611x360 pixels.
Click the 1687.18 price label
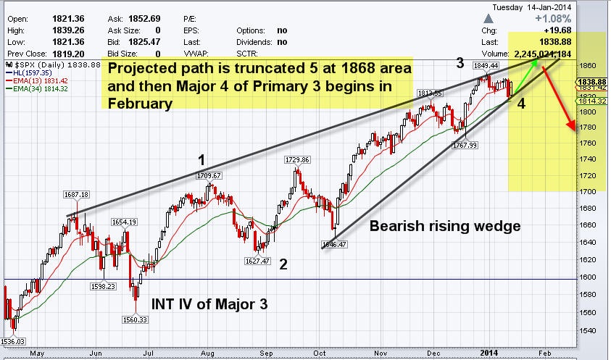[x=77, y=194]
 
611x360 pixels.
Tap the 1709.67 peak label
[x=209, y=175]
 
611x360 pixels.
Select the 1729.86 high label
[x=297, y=159]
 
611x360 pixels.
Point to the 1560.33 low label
[x=134, y=320]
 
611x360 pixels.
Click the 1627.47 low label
[x=257, y=261]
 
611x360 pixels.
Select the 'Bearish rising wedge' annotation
[x=445, y=226]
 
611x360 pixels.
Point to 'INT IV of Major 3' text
[x=209, y=304]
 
